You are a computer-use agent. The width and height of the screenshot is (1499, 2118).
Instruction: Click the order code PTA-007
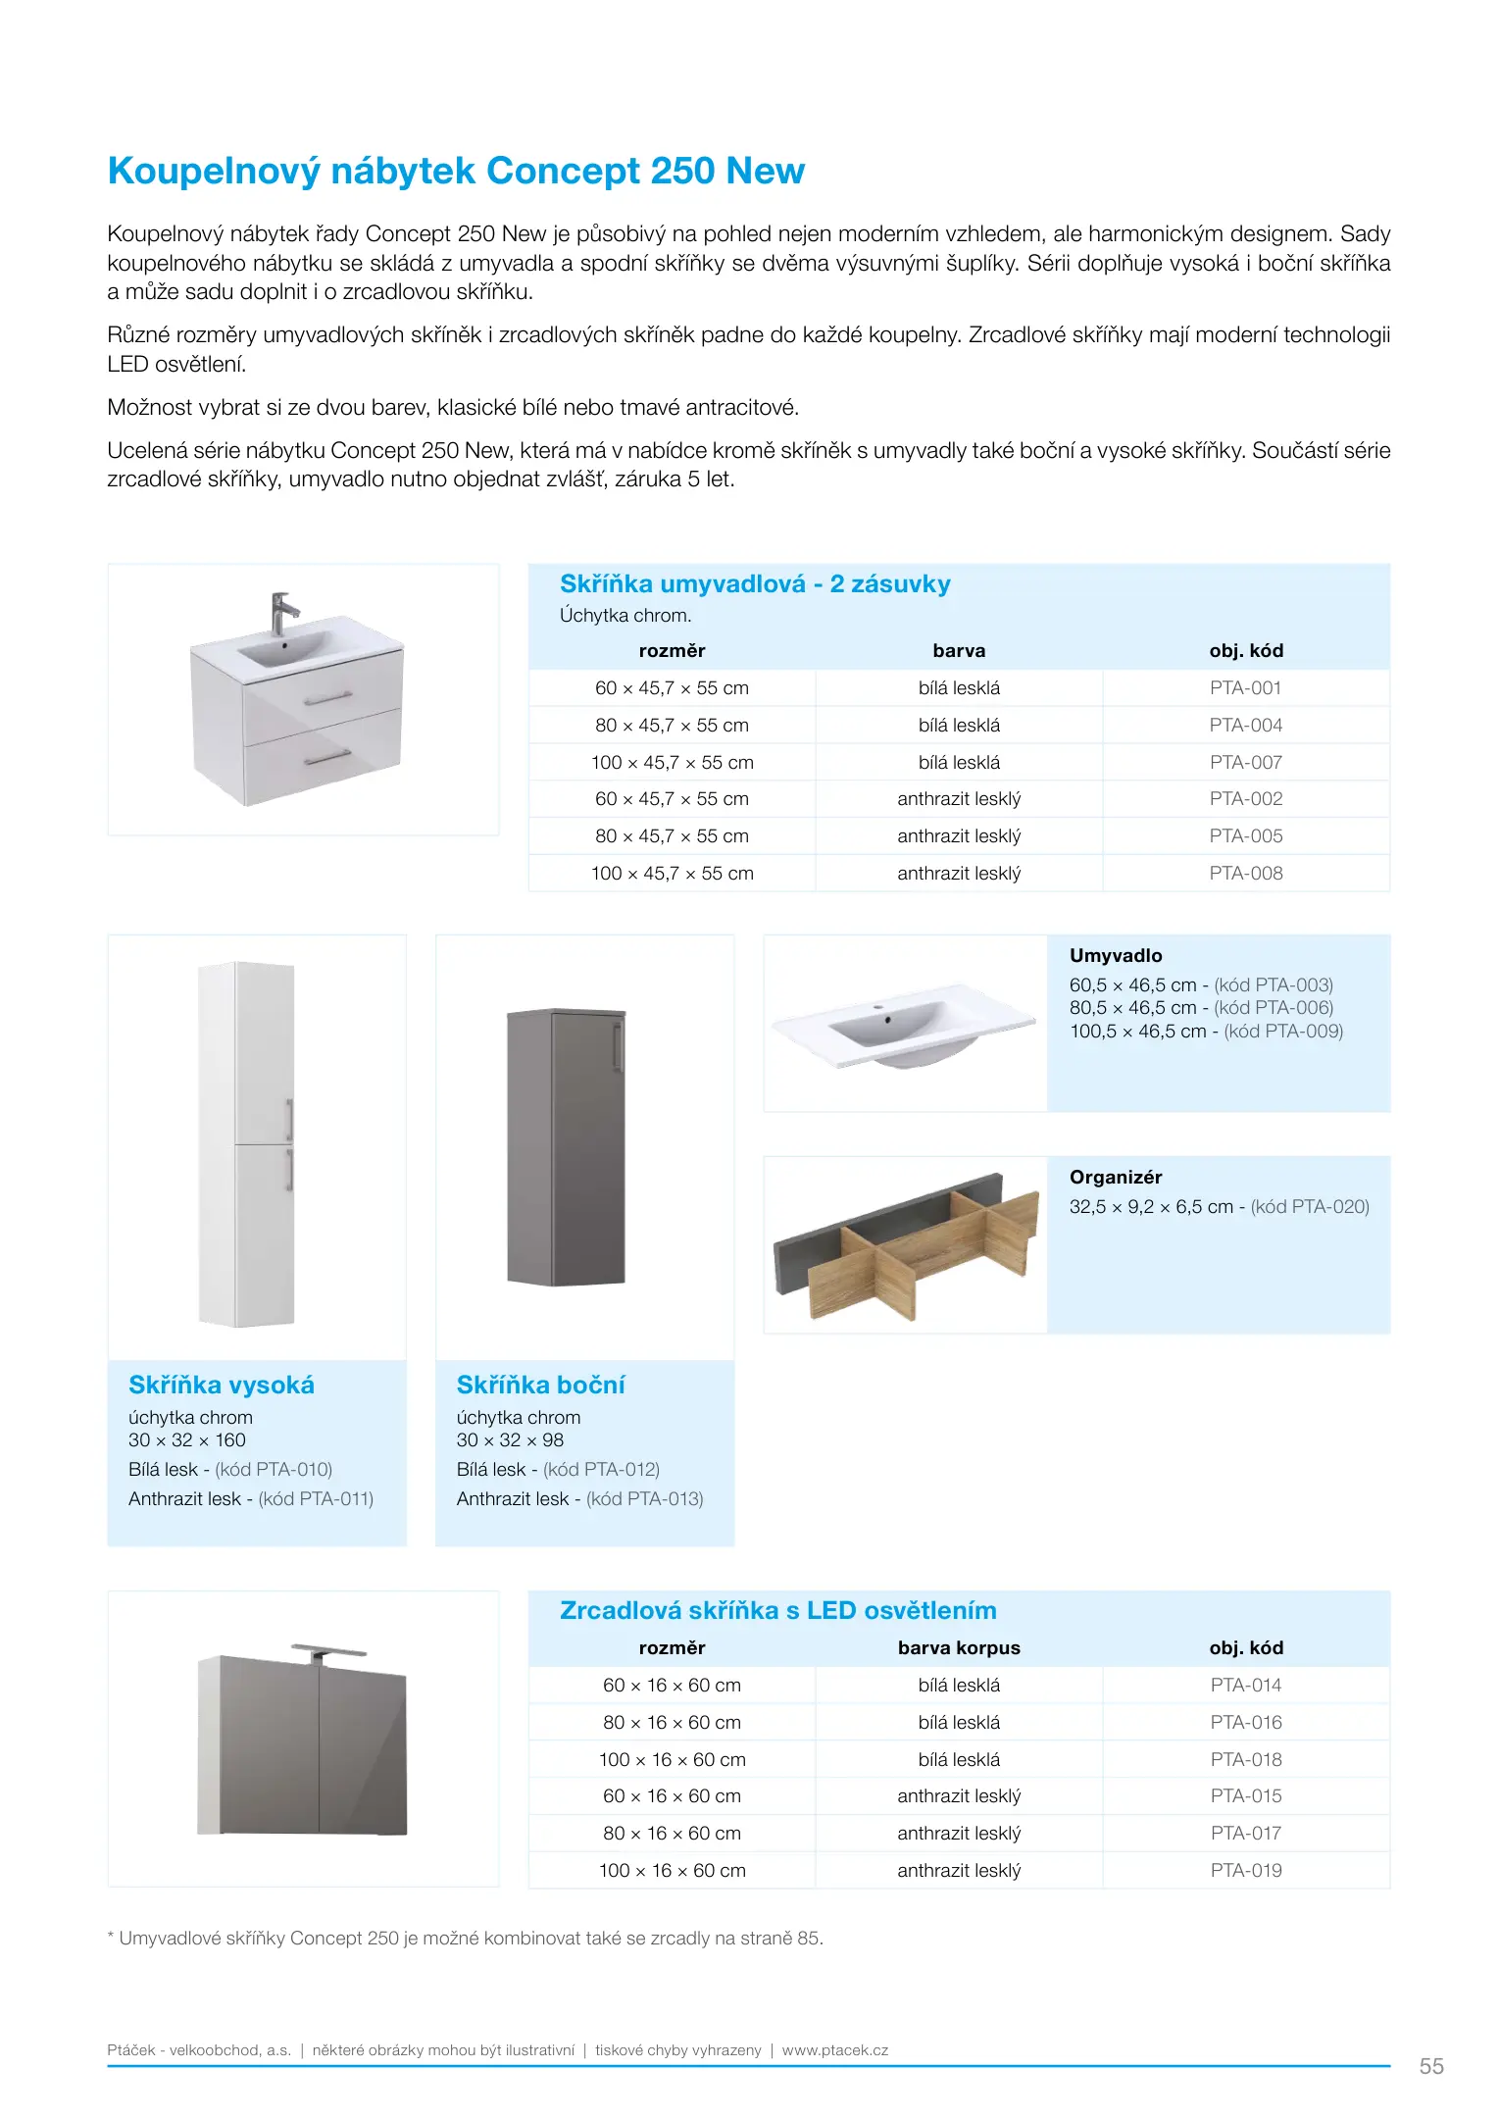point(1245,762)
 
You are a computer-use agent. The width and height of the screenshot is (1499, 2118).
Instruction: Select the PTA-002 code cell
point(1245,799)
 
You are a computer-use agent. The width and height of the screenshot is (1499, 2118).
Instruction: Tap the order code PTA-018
point(1245,1759)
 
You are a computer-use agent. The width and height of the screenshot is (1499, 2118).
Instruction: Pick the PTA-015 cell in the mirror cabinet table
point(1245,1795)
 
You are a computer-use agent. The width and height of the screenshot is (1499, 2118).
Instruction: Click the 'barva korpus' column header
point(958,1647)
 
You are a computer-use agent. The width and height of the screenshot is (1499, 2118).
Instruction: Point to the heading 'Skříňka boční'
point(540,1385)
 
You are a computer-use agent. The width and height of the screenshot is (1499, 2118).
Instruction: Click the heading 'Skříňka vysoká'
point(222,1385)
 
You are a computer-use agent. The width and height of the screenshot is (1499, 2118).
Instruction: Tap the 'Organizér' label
point(1115,1177)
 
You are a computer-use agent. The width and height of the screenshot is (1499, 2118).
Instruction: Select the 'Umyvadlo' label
point(1115,955)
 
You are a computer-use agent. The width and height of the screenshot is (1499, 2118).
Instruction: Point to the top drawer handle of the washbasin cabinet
point(327,698)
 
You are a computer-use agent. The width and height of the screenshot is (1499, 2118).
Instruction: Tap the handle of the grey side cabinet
point(616,1045)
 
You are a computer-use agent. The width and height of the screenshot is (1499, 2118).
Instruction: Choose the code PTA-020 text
point(1310,1206)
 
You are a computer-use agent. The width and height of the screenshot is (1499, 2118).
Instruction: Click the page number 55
point(1430,2066)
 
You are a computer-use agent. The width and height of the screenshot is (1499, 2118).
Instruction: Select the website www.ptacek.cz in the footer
point(834,2049)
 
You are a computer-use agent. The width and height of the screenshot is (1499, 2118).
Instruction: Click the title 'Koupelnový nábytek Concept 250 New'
point(456,171)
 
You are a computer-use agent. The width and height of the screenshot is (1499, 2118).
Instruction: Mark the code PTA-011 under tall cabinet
point(316,1498)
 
